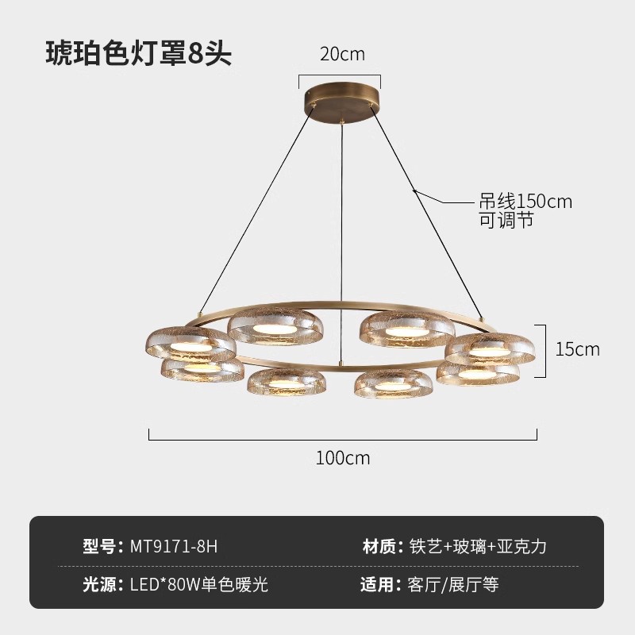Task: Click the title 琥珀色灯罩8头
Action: pyautogui.click(x=138, y=53)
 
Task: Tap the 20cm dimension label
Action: pyautogui.click(x=342, y=54)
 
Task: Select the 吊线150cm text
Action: pyautogui.click(x=526, y=202)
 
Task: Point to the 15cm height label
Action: pyautogui.click(x=577, y=348)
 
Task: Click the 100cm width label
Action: pyautogui.click(x=343, y=458)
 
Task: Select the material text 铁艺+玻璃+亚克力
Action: pyautogui.click(x=478, y=546)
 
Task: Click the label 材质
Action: pyautogui.click(x=379, y=546)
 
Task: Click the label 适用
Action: pyautogui.click(x=379, y=586)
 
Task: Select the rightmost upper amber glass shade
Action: pyautogui.click(x=490, y=347)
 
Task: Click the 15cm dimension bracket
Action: pyautogui.click(x=545, y=349)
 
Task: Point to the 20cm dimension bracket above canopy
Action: pyautogui.click(x=340, y=76)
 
